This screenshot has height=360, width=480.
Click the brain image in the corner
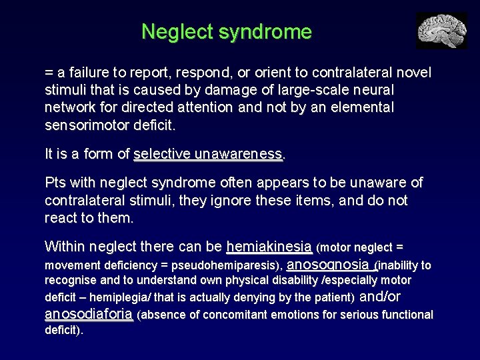[x=441, y=31]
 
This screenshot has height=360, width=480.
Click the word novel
[x=414, y=72]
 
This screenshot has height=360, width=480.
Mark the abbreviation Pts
[x=55, y=183]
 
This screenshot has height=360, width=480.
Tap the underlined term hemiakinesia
[x=269, y=247]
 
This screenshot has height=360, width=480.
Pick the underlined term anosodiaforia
[x=89, y=314]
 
